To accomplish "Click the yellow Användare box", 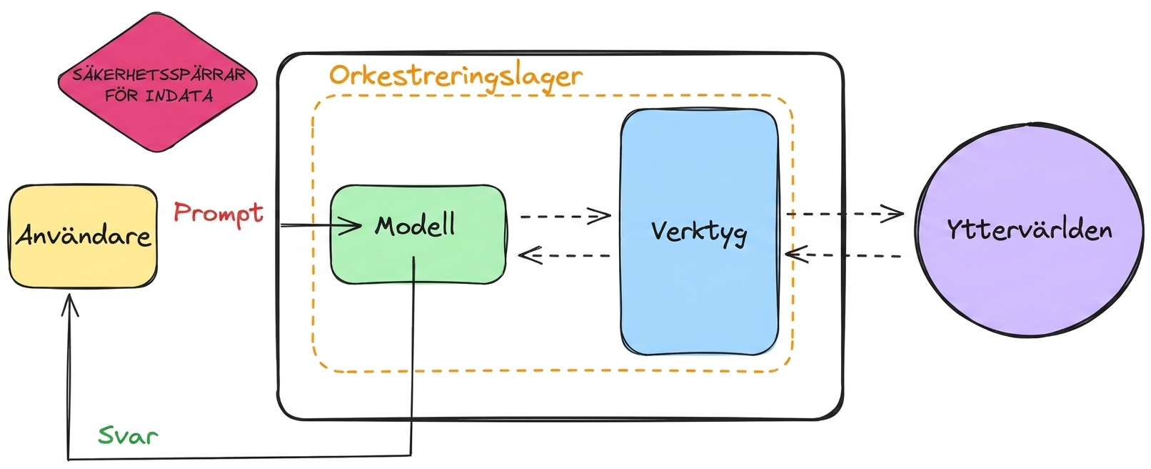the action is (x=84, y=236).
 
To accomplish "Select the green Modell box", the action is (x=418, y=234).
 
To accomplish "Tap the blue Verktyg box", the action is (x=699, y=232).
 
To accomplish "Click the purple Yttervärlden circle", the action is (x=1030, y=230).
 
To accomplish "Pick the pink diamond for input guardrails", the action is (x=157, y=82).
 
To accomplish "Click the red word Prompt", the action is (x=218, y=213).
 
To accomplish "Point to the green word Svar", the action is (x=128, y=435).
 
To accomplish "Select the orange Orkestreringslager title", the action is (x=456, y=77).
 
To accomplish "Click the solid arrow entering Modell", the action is (x=321, y=226).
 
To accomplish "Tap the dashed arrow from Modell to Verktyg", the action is (x=566, y=216).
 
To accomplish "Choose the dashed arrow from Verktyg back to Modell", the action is (x=564, y=255).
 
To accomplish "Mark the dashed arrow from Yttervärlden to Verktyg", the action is (x=843, y=255).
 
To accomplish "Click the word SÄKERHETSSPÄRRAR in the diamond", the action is (x=159, y=75).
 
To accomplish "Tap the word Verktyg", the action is (x=699, y=232).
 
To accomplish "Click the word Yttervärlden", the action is (x=1029, y=230).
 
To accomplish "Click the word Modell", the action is (x=415, y=225).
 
